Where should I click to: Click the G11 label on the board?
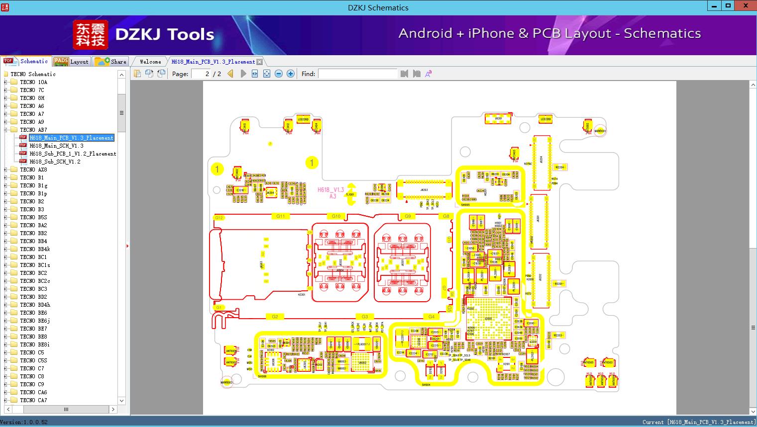pos(281,216)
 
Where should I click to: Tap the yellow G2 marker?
pos(274,317)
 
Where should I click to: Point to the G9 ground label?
pos(408,216)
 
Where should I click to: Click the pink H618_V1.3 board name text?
pos(330,190)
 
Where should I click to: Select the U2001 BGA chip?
pos(488,318)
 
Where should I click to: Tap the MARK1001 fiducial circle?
pos(600,131)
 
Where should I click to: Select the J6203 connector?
pos(424,189)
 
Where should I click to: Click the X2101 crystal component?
pos(507,364)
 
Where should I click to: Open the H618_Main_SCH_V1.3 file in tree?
pos(56,146)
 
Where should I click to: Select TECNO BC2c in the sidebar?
pos(35,281)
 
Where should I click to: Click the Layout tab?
pos(72,62)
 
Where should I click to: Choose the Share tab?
pos(111,62)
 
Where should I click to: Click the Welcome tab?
pos(150,62)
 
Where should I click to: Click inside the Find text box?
pos(357,74)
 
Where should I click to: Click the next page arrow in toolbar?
pos(243,74)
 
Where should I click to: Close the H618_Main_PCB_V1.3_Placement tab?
pos(259,62)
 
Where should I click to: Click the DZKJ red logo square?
pos(90,35)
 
